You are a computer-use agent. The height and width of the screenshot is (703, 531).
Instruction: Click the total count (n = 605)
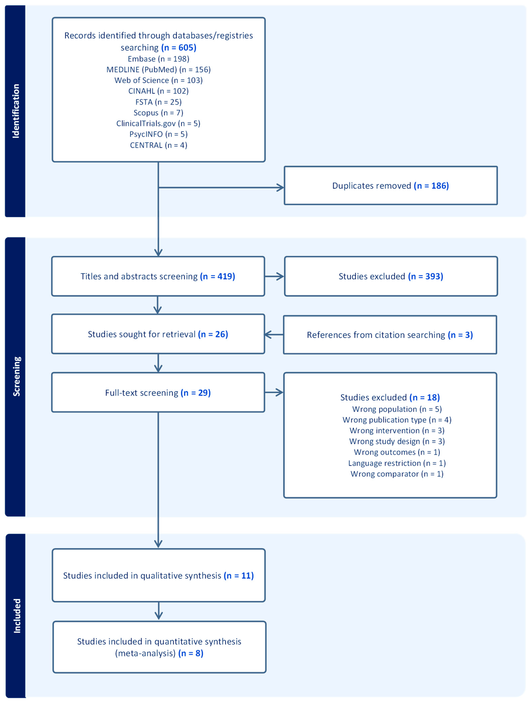tap(179, 48)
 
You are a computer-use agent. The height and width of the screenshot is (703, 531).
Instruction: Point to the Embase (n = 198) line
tap(158, 59)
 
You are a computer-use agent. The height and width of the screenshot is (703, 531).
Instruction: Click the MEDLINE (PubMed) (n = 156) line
tap(158, 70)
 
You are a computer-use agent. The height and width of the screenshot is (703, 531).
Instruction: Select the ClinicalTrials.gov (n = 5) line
tap(158, 123)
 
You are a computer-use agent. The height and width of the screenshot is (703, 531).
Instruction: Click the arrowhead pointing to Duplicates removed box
tap(280, 188)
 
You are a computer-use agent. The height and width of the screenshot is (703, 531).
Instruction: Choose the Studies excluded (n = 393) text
tap(391, 276)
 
